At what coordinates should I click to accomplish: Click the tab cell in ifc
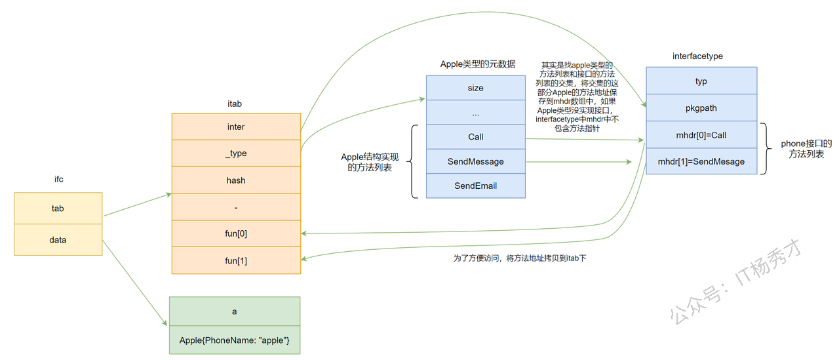58,208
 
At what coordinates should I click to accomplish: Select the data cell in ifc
58,240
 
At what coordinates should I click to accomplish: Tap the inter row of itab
236,127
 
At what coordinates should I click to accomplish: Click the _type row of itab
236,153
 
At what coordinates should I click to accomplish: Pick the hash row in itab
236,180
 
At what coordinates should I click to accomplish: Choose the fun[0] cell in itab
236,233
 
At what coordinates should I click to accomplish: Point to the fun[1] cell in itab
236,260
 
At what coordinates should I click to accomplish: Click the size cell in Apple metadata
476,88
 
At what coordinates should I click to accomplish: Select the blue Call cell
476,137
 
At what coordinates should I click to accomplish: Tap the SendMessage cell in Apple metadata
476,161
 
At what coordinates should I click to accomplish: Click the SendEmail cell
476,186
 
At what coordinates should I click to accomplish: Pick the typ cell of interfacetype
701,81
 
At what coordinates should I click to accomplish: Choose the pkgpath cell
701,108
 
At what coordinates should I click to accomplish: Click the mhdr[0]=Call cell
701,135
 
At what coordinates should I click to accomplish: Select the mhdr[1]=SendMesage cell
701,161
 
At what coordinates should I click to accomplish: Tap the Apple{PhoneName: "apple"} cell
235,340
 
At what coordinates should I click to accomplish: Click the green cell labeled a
235,311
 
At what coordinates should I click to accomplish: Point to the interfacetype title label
697,56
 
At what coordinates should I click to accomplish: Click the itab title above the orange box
235,104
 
